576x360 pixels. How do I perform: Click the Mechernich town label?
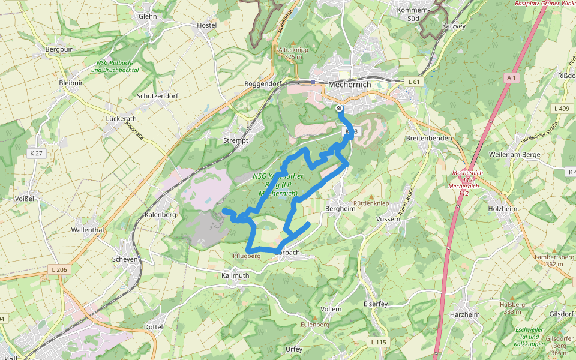(349, 85)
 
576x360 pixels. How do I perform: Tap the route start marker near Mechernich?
(340, 109)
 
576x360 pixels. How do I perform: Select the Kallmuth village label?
(235, 275)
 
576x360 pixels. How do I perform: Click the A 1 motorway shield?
(511, 77)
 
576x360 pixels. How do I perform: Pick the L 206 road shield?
(58, 269)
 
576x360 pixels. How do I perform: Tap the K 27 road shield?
(37, 154)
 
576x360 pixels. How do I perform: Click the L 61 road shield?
(413, 81)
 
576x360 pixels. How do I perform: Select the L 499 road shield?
(562, 109)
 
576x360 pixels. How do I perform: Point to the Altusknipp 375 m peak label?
(293, 53)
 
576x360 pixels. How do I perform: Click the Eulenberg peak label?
(315, 324)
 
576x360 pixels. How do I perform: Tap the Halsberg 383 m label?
(512, 308)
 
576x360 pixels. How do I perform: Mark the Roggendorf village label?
(263, 85)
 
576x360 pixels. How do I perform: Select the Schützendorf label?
(157, 96)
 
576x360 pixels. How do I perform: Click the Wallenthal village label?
(88, 230)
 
